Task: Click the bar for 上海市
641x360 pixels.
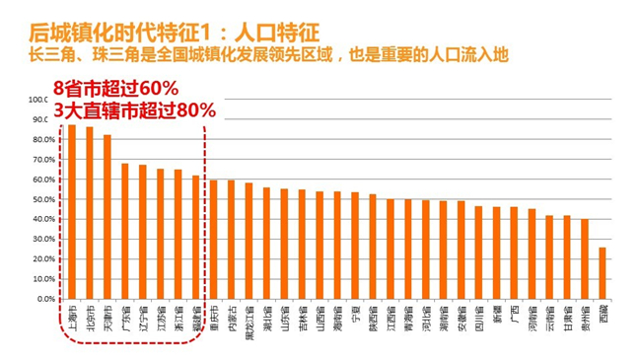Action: click(x=71, y=212)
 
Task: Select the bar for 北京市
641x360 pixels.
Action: click(x=89, y=213)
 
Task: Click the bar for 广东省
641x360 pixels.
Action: click(x=124, y=231)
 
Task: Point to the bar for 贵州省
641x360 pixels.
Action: click(x=585, y=258)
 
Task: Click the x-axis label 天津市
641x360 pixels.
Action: click(x=107, y=320)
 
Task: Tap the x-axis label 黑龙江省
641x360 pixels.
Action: click(x=249, y=323)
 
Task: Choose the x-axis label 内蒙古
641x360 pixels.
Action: click(x=231, y=320)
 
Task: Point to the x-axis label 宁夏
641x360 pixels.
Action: click(x=355, y=317)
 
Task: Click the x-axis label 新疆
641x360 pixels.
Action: click(x=496, y=317)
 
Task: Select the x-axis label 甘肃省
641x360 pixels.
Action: click(x=567, y=320)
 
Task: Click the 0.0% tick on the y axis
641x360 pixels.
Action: click(x=41, y=299)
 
